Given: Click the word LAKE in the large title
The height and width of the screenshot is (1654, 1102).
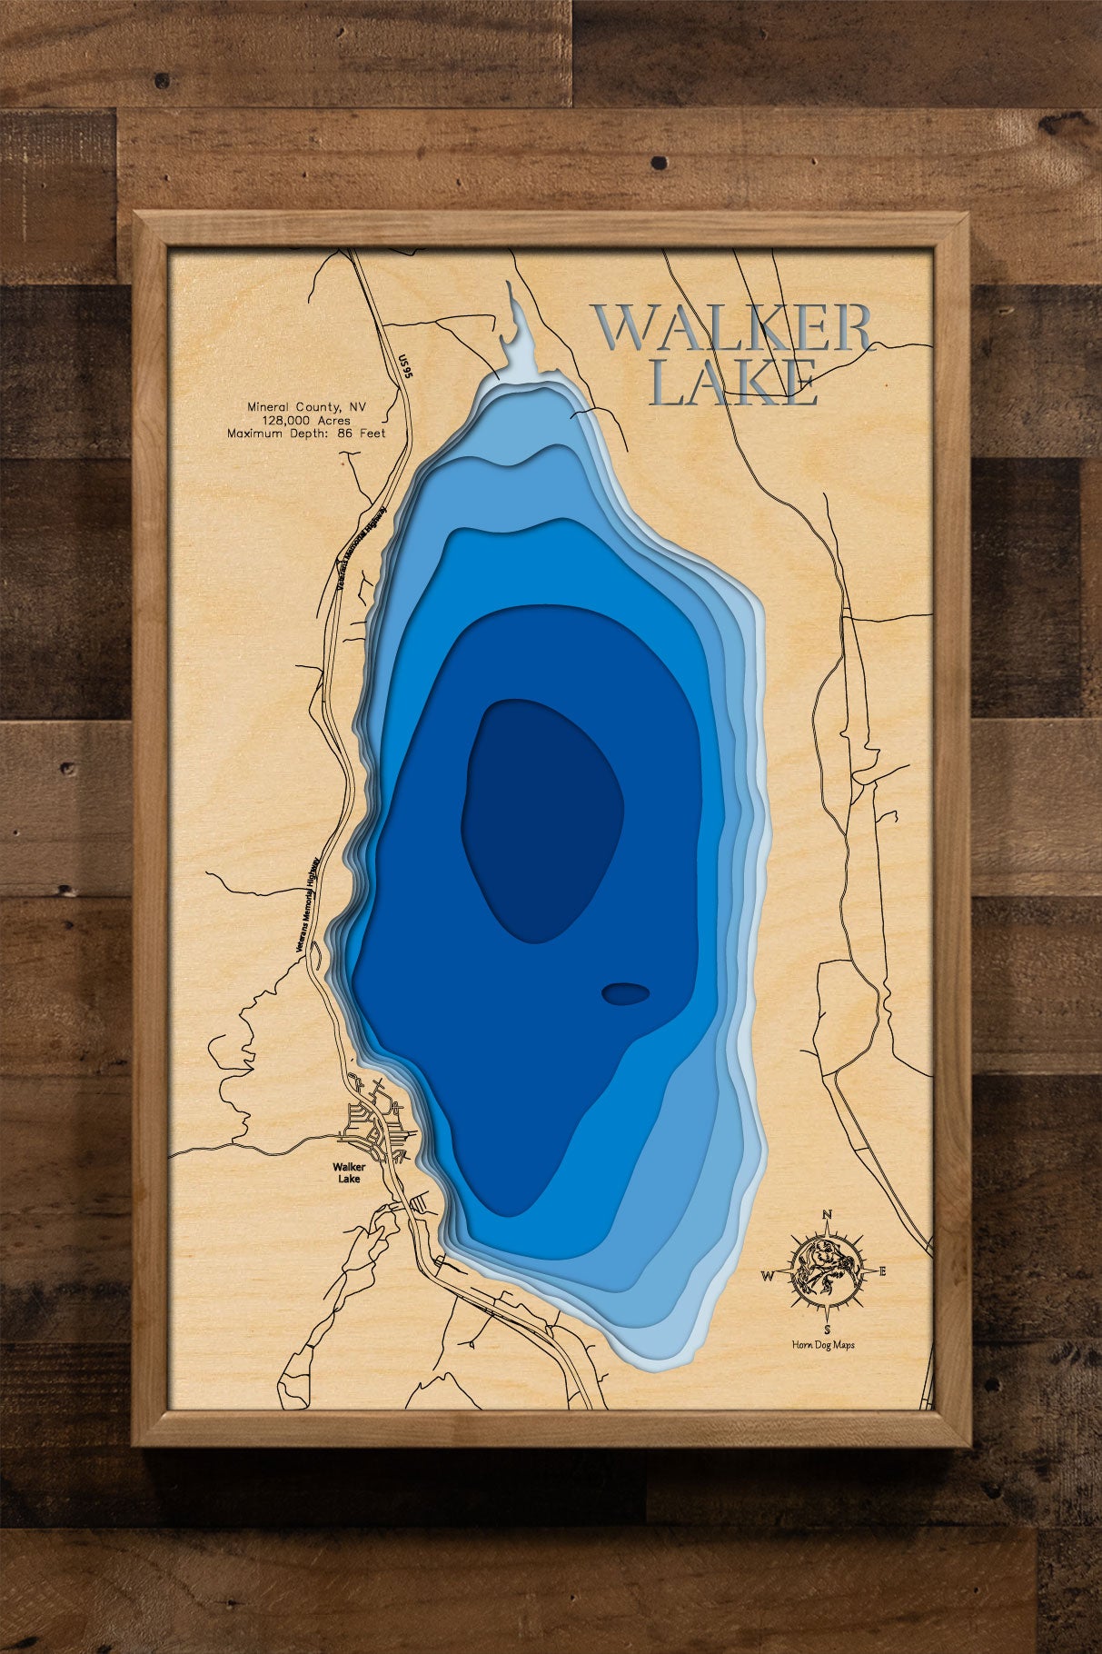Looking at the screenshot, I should coord(735,383).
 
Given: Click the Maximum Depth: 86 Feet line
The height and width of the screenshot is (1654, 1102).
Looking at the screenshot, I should coord(306,433).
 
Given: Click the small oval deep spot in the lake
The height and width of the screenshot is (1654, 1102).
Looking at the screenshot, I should coord(625,994).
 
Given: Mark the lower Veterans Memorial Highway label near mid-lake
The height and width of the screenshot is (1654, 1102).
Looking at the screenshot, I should coord(310,904).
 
